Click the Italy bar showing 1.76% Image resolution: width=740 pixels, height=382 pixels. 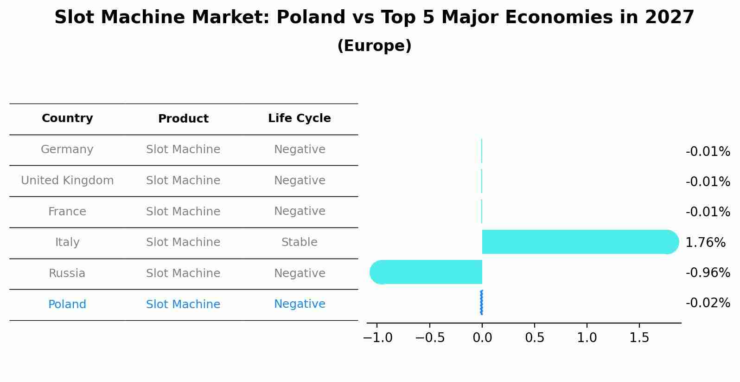click(580, 242)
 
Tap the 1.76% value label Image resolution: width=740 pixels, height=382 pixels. click(705, 242)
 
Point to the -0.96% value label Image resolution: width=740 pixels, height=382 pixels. click(708, 273)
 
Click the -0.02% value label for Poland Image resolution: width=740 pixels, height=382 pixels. click(708, 303)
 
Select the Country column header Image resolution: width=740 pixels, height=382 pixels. click(67, 118)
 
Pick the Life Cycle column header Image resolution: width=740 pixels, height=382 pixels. click(299, 118)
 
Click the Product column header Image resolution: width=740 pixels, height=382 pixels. click(183, 119)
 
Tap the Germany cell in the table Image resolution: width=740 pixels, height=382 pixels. click(67, 149)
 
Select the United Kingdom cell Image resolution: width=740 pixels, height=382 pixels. click(67, 181)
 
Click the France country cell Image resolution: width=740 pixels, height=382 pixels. click(67, 212)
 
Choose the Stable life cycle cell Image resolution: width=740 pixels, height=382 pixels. click(299, 242)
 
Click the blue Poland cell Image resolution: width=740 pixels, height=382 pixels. click(67, 304)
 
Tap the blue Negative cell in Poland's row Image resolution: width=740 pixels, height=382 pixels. click(299, 304)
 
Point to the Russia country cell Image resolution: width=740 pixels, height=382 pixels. click(67, 273)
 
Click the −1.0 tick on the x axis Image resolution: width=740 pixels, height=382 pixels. click(377, 338)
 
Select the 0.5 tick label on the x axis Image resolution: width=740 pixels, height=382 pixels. click(535, 338)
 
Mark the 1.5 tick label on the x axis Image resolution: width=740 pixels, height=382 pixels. click(639, 338)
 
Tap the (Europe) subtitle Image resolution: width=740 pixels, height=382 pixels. click(374, 46)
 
